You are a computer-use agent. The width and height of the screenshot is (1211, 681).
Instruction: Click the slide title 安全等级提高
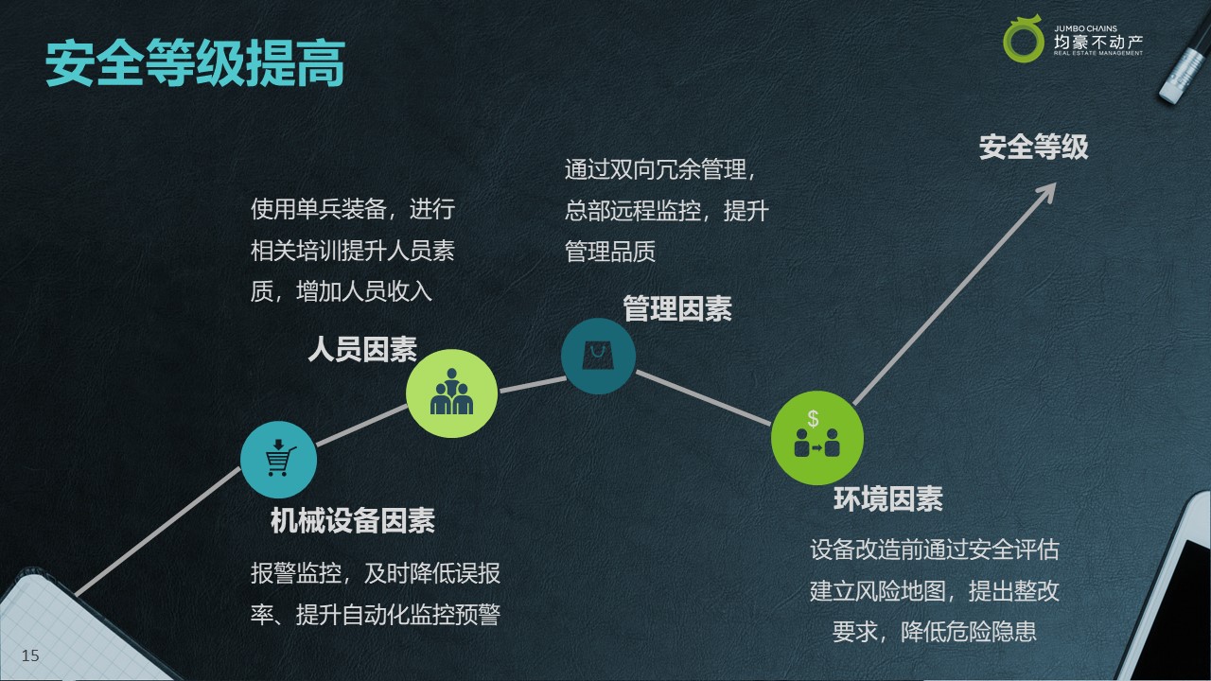[195, 63]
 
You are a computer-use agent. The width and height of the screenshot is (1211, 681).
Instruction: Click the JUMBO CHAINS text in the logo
[1085, 28]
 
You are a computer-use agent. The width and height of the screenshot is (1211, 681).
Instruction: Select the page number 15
[30, 655]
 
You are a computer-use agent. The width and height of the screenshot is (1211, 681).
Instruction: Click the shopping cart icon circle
[278, 460]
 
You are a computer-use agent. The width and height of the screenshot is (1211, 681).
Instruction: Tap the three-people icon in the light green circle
[451, 392]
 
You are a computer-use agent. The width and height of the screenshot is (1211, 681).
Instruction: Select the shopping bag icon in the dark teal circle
[598, 355]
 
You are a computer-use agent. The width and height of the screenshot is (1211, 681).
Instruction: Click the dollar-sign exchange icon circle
[816, 438]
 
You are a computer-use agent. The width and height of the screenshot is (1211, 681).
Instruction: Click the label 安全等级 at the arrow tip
[1034, 147]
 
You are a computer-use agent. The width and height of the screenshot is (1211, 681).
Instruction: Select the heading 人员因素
[362, 349]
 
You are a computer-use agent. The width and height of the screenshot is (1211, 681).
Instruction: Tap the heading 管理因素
[677, 308]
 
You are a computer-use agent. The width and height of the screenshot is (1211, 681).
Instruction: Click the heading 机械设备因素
[353, 520]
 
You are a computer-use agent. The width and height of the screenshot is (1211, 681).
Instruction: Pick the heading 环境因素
[888, 498]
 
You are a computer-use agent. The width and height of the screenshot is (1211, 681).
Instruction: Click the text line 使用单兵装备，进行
[353, 209]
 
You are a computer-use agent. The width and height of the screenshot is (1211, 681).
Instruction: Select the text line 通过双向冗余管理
[656, 169]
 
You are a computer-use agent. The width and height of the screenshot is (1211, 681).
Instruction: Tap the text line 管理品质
[610, 252]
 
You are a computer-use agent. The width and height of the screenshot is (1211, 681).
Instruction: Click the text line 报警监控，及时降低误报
[376, 573]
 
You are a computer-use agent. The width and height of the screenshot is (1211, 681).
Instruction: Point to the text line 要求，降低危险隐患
[934, 632]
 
